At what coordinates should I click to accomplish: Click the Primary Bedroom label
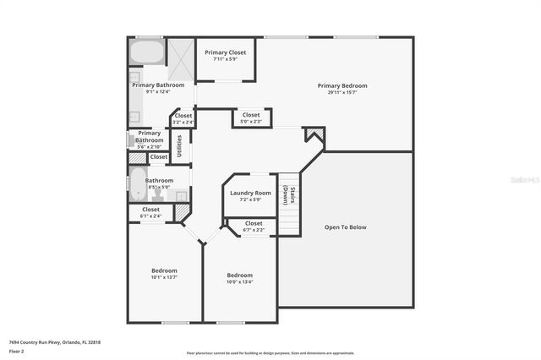tap(342, 85)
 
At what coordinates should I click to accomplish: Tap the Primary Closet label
tap(225, 52)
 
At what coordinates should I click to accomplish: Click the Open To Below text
tap(346, 226)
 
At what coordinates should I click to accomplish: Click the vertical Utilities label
tap(178, 145)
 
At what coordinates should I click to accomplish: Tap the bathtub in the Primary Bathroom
tap(147, 52)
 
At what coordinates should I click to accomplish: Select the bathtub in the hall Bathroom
tap(138, 183)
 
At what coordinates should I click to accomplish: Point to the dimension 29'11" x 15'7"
tap(342, 93)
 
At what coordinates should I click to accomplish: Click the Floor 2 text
tap(17, 350)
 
